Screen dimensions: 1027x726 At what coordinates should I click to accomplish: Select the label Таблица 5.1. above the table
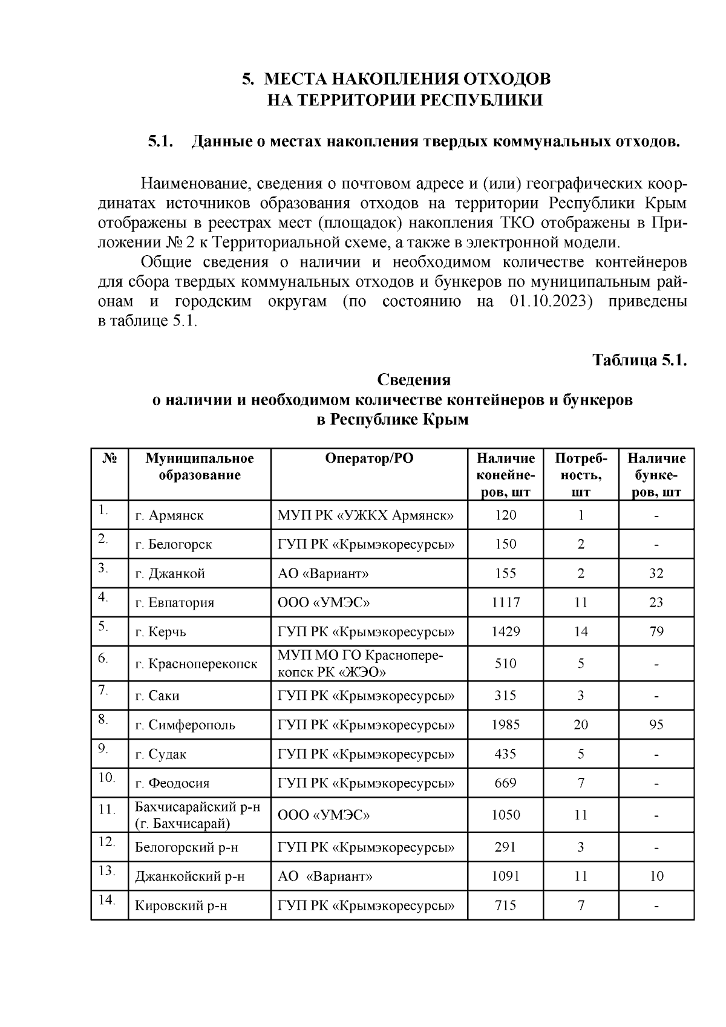(640, 360)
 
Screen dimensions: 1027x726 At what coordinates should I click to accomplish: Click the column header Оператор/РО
(369, 458)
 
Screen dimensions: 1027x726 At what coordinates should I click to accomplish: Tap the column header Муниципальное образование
(200, 466)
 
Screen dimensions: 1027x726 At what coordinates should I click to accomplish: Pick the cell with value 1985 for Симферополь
(505, 724)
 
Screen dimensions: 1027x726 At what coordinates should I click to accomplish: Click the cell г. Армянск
(169, 516)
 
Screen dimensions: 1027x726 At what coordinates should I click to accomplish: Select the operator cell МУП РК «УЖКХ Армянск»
(365, 516)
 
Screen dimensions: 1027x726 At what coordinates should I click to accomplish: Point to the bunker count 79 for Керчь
(656, 632)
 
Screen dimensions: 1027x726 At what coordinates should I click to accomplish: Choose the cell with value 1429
(505, 632)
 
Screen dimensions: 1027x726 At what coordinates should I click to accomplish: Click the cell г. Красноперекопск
(195, 664)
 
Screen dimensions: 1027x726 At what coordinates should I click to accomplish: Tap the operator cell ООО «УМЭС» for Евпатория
(323, 603)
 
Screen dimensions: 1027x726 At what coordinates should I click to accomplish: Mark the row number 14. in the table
(106, 900)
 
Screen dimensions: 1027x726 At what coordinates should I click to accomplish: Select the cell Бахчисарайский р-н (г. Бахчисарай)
(197, 815)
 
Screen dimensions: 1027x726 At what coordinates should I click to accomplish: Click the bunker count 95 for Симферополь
(656, 724)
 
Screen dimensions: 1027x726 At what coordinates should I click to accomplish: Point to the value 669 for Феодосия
(505, 783)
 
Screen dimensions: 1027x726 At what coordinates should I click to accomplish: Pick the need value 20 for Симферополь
(580, 724)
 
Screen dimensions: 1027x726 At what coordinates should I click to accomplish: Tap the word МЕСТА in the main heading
(296, 79)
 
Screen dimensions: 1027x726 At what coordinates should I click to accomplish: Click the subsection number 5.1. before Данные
(161, 142)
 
